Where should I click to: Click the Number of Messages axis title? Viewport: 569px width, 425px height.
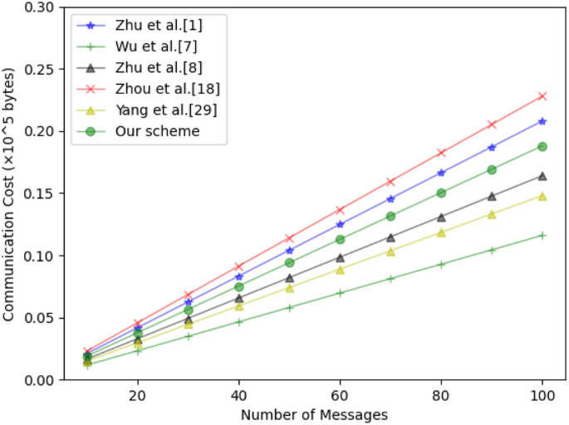coord(314,413)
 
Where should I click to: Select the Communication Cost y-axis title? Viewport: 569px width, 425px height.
coord(9,193)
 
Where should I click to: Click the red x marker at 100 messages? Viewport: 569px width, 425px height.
coord(542,96)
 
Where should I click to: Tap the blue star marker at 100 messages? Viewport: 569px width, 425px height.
coord(542,121)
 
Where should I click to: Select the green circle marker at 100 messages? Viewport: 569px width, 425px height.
coord(542,146)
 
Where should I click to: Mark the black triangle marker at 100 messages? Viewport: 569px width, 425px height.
coord(542,176)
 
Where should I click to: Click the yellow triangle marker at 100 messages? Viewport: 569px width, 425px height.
coord(542,197)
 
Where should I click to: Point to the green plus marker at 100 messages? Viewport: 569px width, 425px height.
coord(542,235)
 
